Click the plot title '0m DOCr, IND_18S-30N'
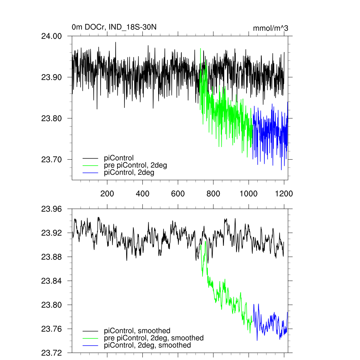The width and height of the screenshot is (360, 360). [x=114, y=27]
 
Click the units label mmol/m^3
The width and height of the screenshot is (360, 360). [x=270, y=28]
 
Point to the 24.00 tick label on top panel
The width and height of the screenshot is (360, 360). [x=51, y=36]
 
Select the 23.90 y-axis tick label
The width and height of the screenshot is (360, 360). [x=51, y=77]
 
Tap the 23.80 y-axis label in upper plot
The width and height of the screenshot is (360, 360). [x=51, y=118]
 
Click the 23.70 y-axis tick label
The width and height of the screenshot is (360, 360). [x=51, y=160]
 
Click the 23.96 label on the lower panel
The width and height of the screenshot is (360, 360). [x=51, y=209]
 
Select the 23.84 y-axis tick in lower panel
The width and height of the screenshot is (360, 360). [x=51, y=281]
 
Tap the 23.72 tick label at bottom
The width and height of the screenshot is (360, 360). [x=51, y=353]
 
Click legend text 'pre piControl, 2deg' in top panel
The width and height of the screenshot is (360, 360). [x=135, y=165]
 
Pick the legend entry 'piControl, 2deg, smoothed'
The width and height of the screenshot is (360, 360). [x=148, y=345]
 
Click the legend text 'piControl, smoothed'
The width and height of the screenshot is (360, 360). [x=137, y=330]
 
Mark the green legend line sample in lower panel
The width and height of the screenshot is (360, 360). [x=91, y=338]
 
